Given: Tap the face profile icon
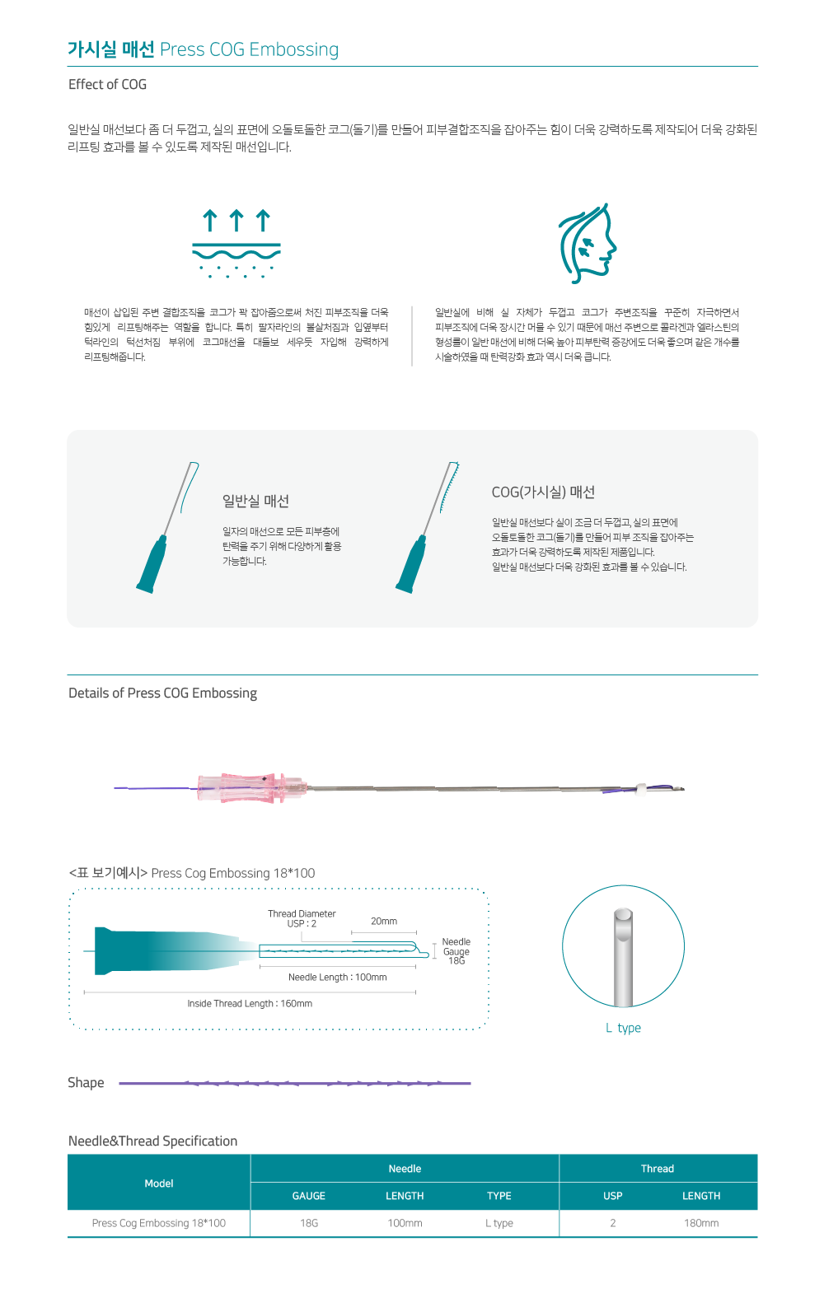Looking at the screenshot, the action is tap(588, 243).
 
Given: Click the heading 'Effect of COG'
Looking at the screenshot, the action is tap(107, 84).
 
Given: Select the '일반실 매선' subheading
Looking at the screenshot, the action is tap(255, 501).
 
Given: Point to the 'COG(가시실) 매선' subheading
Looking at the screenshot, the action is tap(543, 492).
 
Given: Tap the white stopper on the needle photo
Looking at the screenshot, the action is tap(641, 789).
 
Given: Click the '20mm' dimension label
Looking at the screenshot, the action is tap(384, 922).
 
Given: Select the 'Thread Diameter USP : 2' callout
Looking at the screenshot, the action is tap(302, 918).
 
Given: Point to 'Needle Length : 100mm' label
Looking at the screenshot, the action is tap(337, 978).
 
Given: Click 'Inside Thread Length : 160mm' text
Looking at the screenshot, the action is tap(250, 1004).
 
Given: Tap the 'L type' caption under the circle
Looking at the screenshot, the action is tap(623, 1028).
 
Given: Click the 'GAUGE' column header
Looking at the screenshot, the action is tap(308, 1196).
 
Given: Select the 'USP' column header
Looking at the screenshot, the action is tap(613, 1196).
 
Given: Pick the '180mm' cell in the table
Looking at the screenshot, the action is tap(701, 1223).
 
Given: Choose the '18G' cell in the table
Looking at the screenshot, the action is tap(309, 1223).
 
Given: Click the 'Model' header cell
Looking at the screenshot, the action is tap(159, 1183).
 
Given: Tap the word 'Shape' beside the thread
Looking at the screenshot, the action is tap(86, 1082).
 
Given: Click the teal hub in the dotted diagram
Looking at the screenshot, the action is tap(167, 950).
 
